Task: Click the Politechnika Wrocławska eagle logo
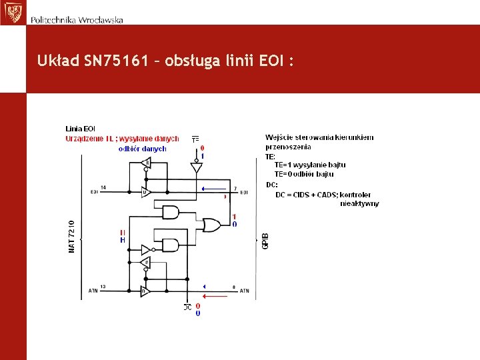pos(12,12)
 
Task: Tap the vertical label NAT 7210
pos(72,236)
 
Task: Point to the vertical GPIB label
pos(265,241)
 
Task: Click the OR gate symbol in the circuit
pos(213,225)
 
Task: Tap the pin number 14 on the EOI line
pos(103,187)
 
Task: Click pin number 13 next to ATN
pos(103,286)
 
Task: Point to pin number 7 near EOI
pos(235,187)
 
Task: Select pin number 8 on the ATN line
pos(234,287)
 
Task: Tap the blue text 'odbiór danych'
pos(142,149)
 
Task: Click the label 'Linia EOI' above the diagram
pos(80,129)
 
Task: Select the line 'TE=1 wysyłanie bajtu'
pos(310,165)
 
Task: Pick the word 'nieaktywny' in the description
pos(359,203)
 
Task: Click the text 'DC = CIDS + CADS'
pos(306,195)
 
